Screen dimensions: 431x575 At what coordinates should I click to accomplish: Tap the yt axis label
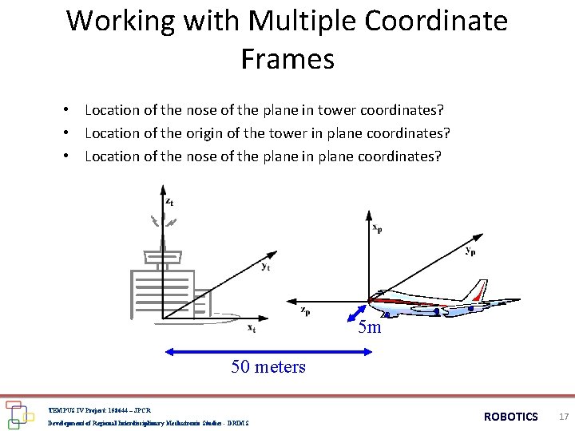pos(264,267)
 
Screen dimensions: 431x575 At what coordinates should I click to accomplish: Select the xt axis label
pos(251,327)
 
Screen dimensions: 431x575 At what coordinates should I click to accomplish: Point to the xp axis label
pos(378,227)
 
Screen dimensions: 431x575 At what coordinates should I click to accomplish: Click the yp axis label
pos(471,250)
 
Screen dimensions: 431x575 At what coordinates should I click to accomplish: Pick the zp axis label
pos(305,310)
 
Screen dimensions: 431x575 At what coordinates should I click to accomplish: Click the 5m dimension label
pos(370,327)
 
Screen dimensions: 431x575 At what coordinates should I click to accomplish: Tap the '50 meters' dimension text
pos(268,366)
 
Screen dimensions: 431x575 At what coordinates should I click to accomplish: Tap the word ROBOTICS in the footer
pos(511,417)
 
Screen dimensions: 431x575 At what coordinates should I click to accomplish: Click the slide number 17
pos(564,417)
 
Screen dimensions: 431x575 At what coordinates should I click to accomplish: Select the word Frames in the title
pos(287,58)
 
